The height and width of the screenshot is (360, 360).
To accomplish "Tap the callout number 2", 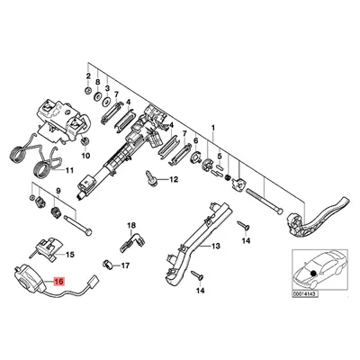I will [x=87, y=68].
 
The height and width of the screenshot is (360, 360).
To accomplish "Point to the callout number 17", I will [x=125, y=265].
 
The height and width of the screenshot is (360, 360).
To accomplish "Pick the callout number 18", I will [x=130, y=224].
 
